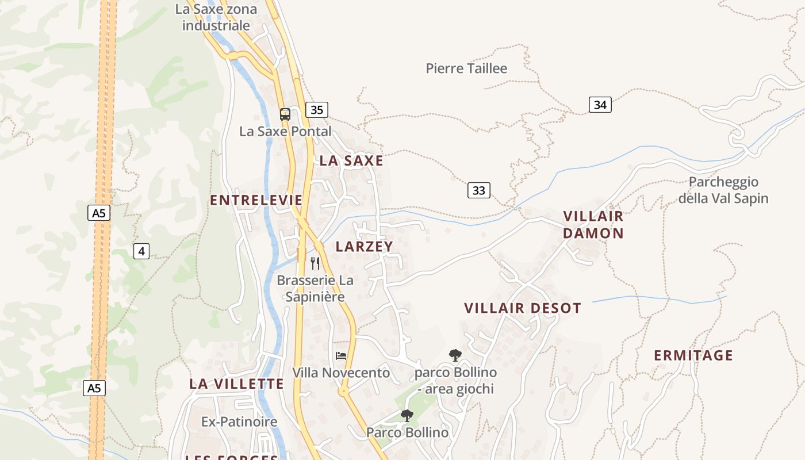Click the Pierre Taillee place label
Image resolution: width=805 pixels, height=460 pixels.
tap(466, 68)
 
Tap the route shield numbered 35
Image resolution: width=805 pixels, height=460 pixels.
tap(317, 110)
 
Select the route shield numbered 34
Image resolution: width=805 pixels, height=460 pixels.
tap(600, 105)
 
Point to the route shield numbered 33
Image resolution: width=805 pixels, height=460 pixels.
tap(478, 190)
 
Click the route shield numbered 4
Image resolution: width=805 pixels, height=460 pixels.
tap(141, 251)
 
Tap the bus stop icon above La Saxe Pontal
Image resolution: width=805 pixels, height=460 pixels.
tap(285, 114)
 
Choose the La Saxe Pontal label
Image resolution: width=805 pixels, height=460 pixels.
tap(285, 131)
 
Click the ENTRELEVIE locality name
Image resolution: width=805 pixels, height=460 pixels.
tap(256, 200)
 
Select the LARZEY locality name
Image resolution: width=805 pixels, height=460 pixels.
tap(364, 247)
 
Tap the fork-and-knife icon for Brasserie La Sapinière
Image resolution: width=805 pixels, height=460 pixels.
tap(315, 263)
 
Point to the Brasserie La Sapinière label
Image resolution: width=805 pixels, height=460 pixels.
tap(315, 289)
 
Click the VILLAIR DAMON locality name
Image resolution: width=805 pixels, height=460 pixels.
tap(593, 225)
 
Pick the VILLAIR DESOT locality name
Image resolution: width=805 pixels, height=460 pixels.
tap(523, 308)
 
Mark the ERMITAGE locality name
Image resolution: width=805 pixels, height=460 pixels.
tap(693, 355)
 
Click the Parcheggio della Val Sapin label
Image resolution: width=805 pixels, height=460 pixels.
tap(723, 190)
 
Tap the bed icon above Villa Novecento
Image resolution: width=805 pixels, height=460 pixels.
tap(341, 356)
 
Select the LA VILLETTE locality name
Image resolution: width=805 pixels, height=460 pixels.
tap(237, 384)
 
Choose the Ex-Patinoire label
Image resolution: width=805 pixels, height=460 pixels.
tap(239, 422)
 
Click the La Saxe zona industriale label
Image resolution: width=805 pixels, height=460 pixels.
tap(216, 17)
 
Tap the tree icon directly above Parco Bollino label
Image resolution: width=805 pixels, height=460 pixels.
tap(407, 415)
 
